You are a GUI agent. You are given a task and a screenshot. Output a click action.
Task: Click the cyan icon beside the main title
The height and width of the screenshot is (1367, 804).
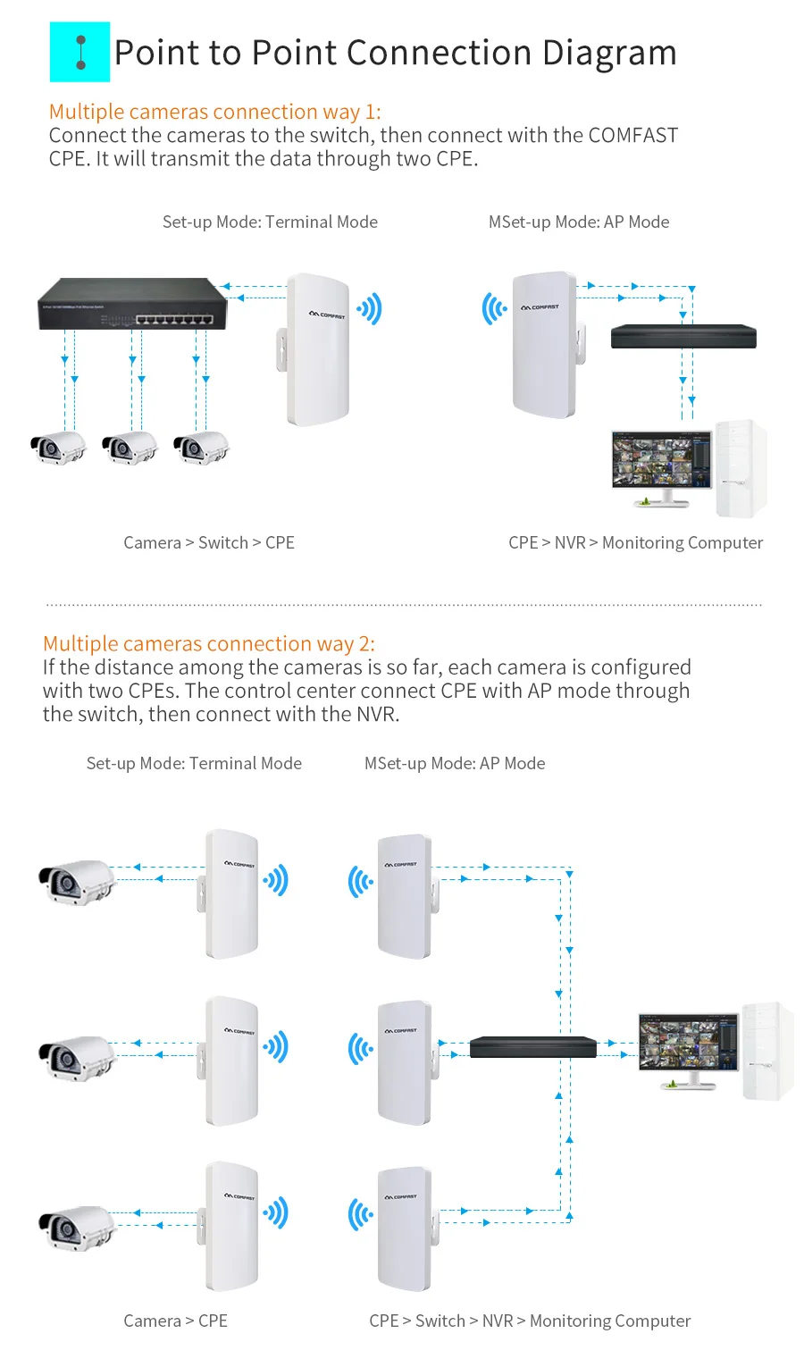(80, 52)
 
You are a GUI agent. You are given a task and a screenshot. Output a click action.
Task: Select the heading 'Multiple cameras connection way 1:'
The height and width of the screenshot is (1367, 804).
(214, 112)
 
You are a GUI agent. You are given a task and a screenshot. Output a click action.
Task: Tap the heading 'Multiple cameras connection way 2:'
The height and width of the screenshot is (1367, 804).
(209, 643)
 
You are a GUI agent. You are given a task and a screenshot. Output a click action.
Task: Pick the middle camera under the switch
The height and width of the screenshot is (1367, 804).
(129, 447)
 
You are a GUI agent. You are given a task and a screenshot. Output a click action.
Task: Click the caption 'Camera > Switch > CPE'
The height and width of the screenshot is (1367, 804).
(209, 542)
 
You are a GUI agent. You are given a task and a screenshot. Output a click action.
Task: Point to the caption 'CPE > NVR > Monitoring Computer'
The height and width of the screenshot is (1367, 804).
(635, 542)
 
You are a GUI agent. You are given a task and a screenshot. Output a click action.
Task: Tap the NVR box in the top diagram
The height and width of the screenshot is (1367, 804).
(683, 337)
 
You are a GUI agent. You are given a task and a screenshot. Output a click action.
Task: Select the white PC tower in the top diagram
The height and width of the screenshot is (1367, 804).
(741, 468)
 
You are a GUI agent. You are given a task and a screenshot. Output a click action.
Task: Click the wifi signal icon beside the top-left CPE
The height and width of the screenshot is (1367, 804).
(370, 309)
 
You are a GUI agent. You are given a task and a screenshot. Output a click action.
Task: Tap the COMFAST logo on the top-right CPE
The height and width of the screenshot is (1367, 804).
(540, 306)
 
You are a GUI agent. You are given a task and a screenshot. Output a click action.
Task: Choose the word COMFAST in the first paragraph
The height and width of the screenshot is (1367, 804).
(632, 136)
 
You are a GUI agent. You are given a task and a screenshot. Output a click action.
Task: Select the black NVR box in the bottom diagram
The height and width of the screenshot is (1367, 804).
(532, 1046)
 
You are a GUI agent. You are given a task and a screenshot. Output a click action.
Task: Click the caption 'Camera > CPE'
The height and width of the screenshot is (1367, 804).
(175, 1321)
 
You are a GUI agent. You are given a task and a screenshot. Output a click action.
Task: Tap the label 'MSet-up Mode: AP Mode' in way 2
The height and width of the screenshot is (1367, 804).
(455, 763)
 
